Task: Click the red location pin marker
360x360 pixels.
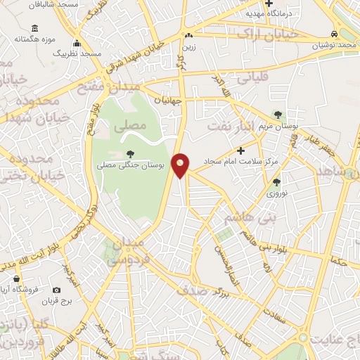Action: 181,165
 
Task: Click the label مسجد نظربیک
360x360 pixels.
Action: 80,53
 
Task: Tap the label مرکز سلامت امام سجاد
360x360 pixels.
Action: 241,162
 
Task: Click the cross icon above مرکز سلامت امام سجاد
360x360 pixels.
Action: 241,150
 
